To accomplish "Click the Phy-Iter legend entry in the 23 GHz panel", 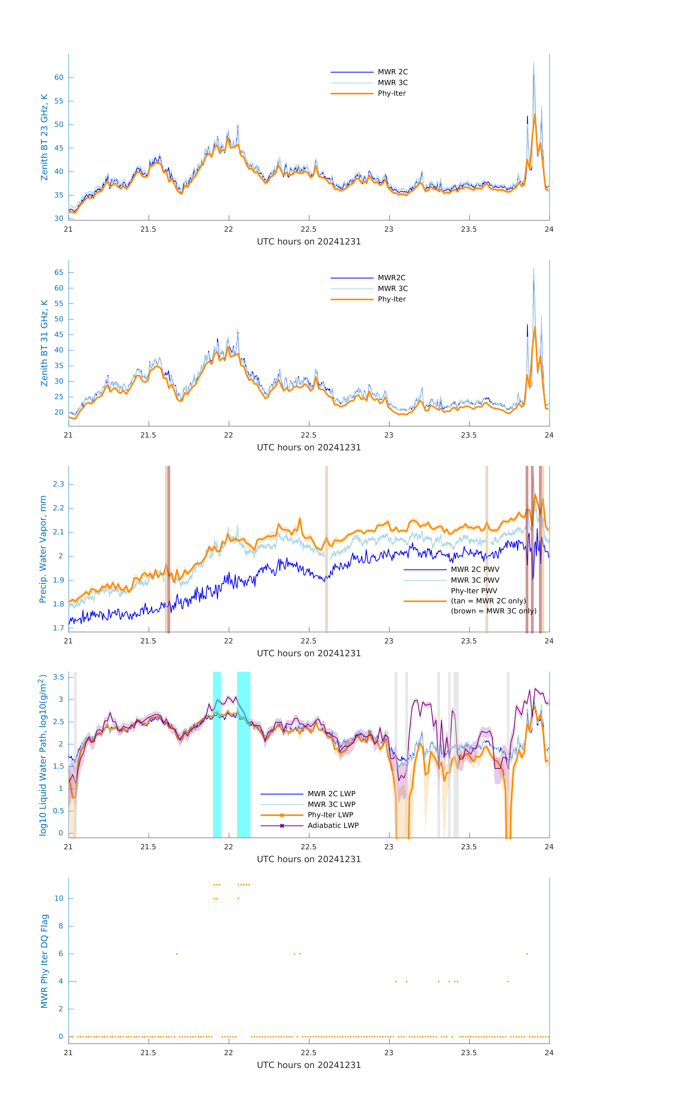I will [391, 94].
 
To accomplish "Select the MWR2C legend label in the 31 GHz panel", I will [391, 278].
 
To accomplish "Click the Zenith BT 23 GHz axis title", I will [44, 137].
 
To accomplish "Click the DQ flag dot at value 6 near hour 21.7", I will [177, 954].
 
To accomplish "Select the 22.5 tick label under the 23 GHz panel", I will [309, 229].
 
